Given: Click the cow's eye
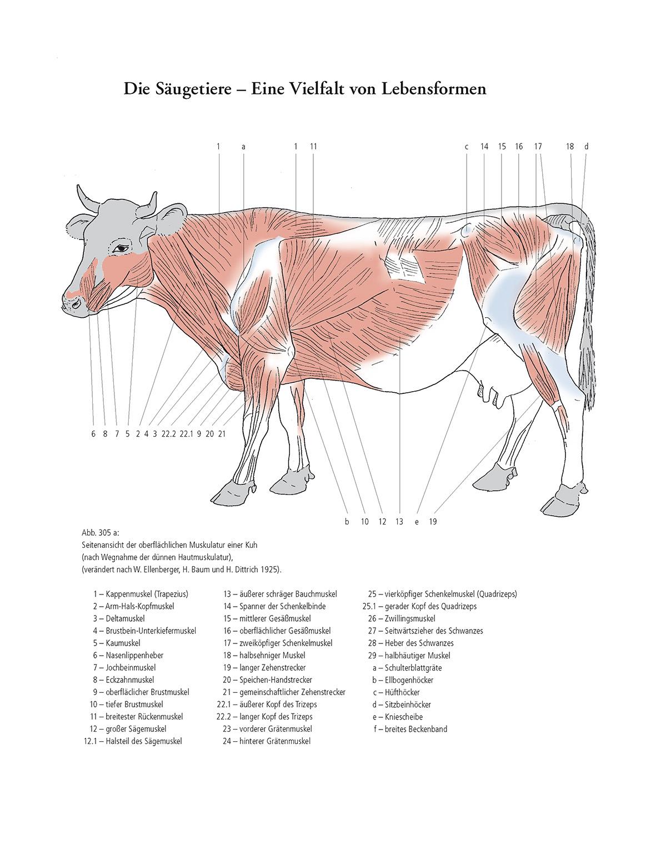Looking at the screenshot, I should point(121,248).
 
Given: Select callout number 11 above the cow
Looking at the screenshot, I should point(313,147).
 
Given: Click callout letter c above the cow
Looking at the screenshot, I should point(467,147).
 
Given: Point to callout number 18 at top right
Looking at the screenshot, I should point(570,147).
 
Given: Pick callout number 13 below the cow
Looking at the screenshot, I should point(399,522).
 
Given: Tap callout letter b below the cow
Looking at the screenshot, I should point(347,522).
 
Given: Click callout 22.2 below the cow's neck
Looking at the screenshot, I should point(168,434).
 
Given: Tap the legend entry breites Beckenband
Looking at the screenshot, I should point(415,729).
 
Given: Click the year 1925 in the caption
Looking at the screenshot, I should point(272,570).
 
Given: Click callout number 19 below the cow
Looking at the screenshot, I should point(433,522).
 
